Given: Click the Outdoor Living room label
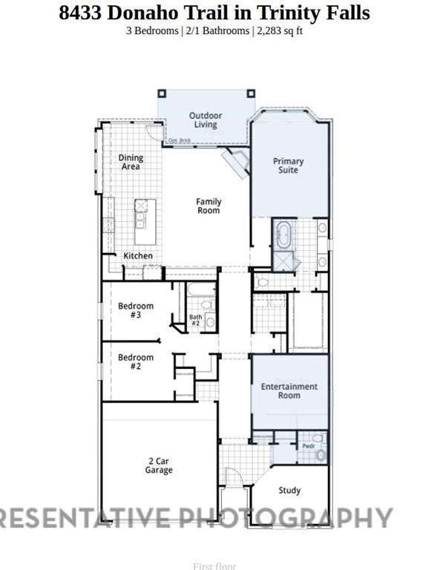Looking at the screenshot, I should (205, 120).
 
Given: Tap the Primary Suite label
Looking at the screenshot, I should (288, 166).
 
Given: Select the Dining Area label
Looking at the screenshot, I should (131, 162).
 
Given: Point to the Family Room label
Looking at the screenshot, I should (209, 206).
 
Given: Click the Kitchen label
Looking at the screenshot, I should (138, 256).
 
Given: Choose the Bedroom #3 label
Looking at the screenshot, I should (136, 310).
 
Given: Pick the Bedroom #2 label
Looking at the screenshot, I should (136, 361).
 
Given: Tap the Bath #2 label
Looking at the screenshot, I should (195, 321).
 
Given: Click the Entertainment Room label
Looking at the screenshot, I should (289, 391).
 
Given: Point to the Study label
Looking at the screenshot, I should (289, 491).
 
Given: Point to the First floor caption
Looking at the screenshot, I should (214, 566).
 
